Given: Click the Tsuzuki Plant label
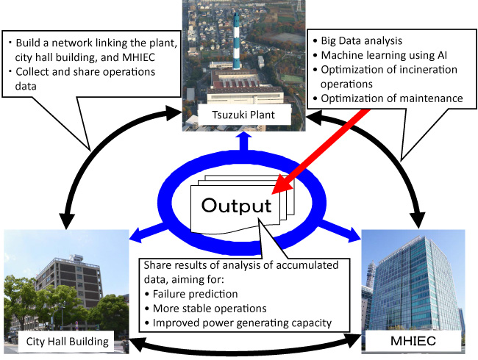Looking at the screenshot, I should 238,115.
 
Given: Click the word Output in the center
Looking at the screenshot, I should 238,205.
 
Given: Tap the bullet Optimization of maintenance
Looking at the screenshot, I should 391,98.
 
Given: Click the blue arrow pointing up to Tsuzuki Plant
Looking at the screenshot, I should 238,140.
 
